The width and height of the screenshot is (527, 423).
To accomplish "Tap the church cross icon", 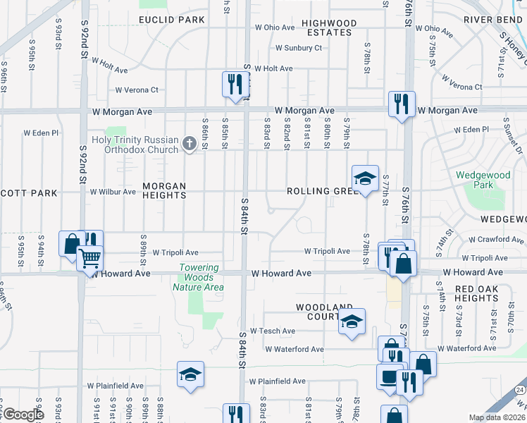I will pyautogui.click(x=189, y=144).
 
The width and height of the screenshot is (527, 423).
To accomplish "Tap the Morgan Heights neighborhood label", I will pyautogui.click(x=164, y=191).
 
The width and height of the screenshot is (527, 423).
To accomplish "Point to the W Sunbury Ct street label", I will pyautogui.click(x=298, y=48).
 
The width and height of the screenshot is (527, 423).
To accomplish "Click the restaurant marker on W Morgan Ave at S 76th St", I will pyautogui.click(x=402, y=104).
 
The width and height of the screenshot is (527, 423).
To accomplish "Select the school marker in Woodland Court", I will pyautogui.click(x=352, y=321).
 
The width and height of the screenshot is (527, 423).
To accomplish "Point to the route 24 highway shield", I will pyautogui.click(x=519, y=389).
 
